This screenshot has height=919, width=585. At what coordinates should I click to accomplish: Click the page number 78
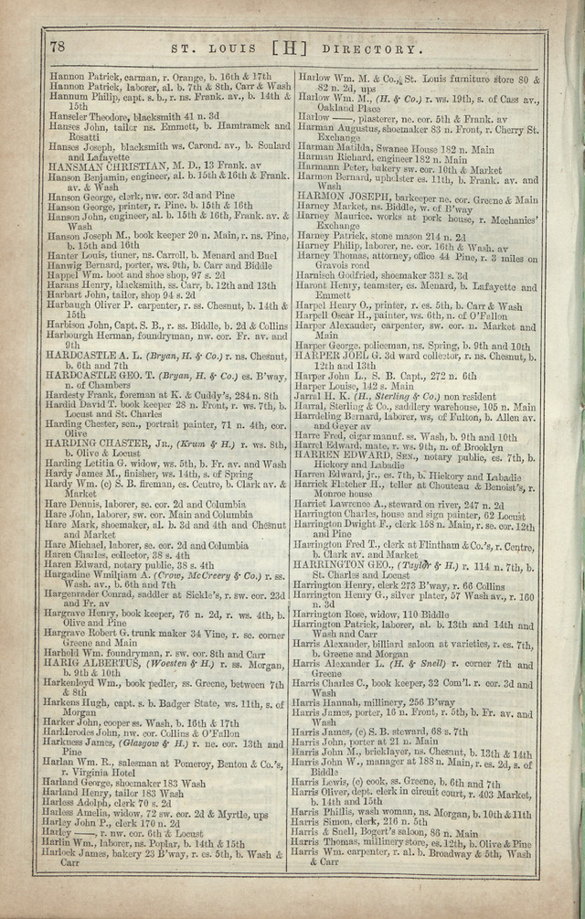[x=57, y=46]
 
